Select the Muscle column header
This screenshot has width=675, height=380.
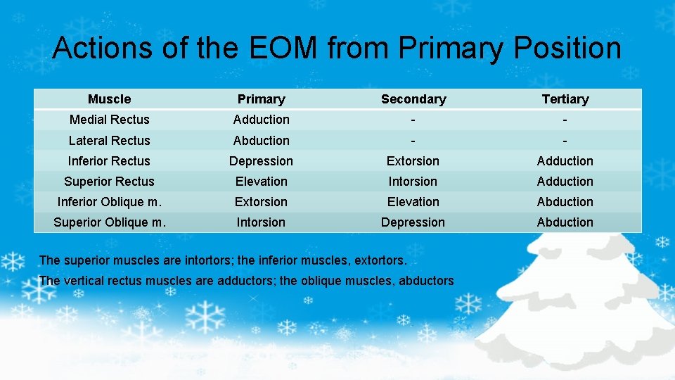pyautogui.click(x=109, y=99)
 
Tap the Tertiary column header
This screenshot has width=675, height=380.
pyautogui.click(x=565, y=99)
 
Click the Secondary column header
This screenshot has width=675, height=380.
pyautogui.click(x=413, y=99)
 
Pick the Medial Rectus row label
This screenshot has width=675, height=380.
pyautogui.click(x=109, y=120)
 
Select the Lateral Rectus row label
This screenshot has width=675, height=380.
pyautogui.click(x=109, y=140)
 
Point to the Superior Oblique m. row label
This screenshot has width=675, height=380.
pyautogui.click(x=110, y=222)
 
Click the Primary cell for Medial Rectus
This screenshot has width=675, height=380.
pyautogui.click(x=261, y=120)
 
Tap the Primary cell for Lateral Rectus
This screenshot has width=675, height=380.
pyautogui.click(x=261, y=140)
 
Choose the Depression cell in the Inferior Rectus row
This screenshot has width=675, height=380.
pyautogui.click(x=261, y=160)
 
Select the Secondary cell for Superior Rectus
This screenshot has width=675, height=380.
pyautogui.click(x=413, y=181)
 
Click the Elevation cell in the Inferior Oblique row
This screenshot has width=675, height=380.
pyautogui.click(x=413, y=201)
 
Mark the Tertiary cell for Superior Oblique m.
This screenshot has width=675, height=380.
pyautogui.click(x=565, y=222)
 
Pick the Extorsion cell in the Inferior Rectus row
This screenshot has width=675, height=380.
pyautogui.click(x=413, y=160)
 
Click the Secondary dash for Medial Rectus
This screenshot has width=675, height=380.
pyautogui.click(x=413, y=120)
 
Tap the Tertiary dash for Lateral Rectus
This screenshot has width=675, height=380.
pyautogui.click(x=565, y=140)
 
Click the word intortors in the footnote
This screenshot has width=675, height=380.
pyautogui.click(x=209, y=260)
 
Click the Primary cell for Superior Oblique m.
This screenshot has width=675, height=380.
pyautogui.click(x=261, y=222)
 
